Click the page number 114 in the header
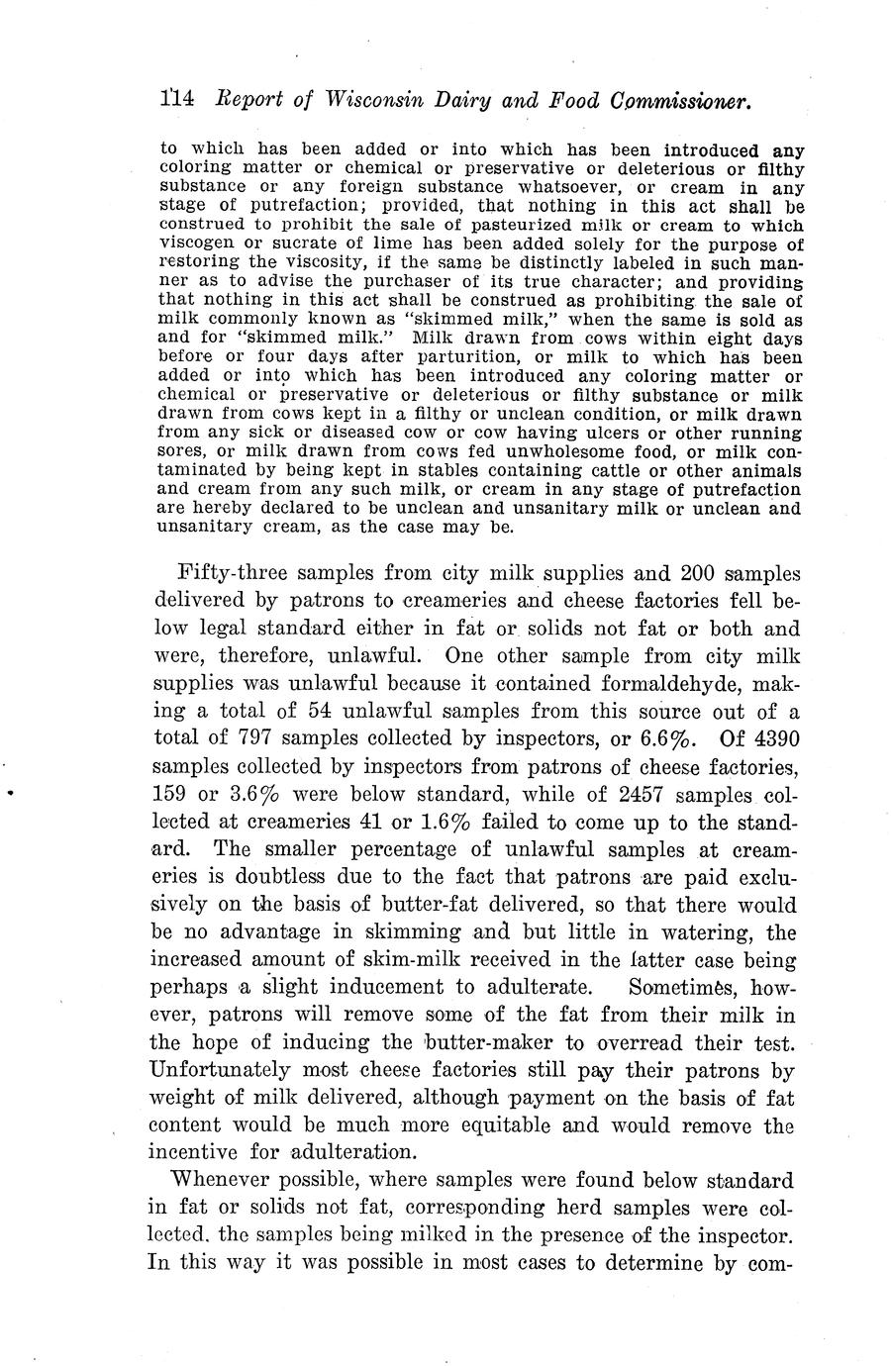(x=179, y=99)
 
